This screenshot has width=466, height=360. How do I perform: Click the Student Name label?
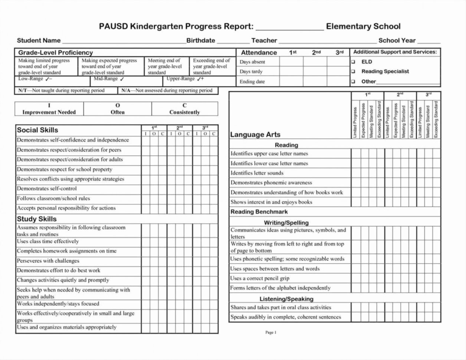pos(39,40)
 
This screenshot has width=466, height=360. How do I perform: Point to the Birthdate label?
pos(201,40)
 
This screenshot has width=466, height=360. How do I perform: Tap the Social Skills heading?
pos(37,130)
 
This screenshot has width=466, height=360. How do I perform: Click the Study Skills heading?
pos(37,219)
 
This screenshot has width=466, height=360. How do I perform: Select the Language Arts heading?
pos(255,135)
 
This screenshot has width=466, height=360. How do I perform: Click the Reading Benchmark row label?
pos(259,212)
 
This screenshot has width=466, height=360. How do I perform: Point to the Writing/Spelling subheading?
pos(286,223)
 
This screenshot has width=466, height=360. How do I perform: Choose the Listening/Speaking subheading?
pos(286,299)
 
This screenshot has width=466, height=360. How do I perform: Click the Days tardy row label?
pos(251,72)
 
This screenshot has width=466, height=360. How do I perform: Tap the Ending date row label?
pos(252,82)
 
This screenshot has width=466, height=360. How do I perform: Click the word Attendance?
pos(259,53)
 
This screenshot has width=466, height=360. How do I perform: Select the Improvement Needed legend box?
pos(49,109)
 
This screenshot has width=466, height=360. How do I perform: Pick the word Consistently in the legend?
pos(184,112)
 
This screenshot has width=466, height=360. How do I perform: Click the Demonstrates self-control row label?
pos(47,189)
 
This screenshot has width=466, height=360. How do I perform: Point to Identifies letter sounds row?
pos(257,173)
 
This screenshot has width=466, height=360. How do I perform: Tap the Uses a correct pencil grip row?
pos(260,278)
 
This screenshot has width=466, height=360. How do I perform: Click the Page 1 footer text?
pos(271,333)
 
